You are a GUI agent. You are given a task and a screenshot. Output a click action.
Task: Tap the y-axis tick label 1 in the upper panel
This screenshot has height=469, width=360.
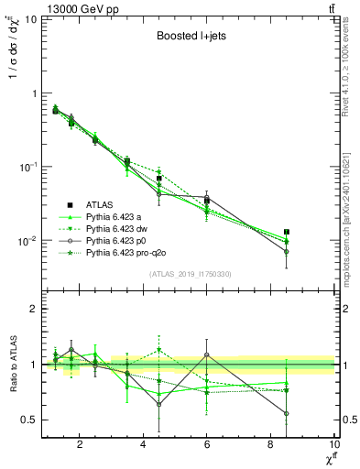click(x=33, y=93)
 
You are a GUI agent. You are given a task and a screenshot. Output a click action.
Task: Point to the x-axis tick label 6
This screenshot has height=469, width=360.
click(x=207, y=446)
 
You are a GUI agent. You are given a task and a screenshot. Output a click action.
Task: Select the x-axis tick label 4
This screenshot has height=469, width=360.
click(x=143, y=446)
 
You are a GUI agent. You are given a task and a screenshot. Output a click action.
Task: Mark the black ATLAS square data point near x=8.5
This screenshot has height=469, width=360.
click(x=287, y=233)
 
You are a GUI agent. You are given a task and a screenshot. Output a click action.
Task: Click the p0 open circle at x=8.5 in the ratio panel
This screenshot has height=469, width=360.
click(x=287, y=413)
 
